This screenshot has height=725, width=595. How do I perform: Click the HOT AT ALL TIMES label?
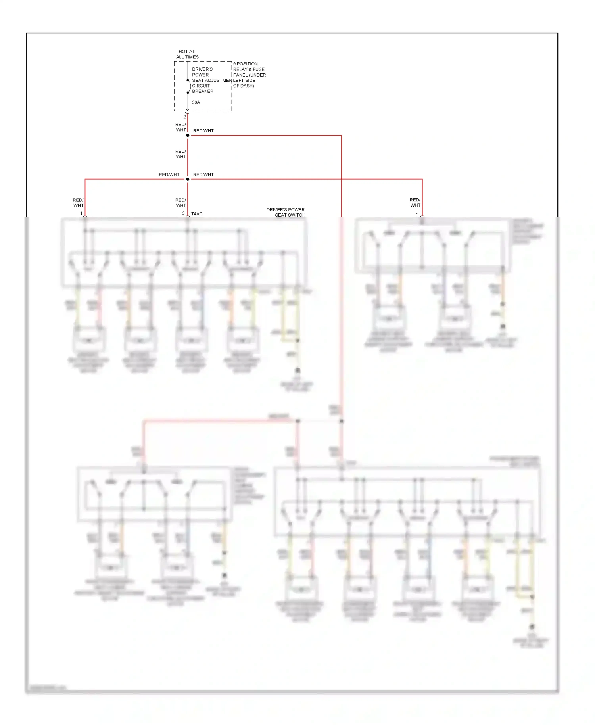tap(187, 54)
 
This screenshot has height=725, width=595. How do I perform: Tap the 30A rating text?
tap(196, 102)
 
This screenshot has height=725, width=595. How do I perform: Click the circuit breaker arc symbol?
tap(189, 86)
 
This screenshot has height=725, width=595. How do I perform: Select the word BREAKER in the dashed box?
tap(203, 91)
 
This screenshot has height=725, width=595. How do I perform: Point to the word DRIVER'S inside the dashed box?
tap(202, 69)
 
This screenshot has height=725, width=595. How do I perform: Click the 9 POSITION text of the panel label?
tap(246, 64)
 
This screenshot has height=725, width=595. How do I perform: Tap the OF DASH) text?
tap(244, 86)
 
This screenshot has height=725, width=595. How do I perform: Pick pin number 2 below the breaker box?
tap(184, 117)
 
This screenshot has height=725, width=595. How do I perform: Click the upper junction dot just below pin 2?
tap(188, 136)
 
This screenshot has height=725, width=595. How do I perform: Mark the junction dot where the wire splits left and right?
tap(188, 179)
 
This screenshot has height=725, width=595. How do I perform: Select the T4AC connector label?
tap(197, 214)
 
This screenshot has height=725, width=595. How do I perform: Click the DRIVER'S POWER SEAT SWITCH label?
tap(286, 212)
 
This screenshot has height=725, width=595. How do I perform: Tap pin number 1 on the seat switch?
tap(81, 213)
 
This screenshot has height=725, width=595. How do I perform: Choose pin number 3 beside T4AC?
tap(183, 213)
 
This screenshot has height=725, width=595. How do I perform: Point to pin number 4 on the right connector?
tap(416, 214)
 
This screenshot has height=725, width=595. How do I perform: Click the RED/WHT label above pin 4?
tap(415, 203)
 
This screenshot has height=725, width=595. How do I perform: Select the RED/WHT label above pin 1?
tap(78, 203)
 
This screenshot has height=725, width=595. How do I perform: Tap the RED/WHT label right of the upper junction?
tap(203, 131)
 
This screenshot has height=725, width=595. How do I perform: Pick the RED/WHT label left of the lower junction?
tap(169, 175)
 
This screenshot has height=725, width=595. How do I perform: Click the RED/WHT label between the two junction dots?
tap(181, 154)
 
